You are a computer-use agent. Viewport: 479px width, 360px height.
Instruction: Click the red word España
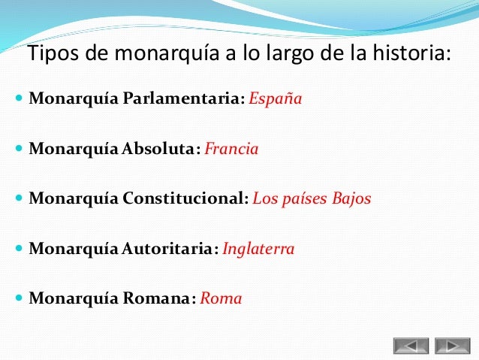coord(275,99)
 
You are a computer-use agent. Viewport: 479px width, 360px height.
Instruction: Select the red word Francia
coord(231,149)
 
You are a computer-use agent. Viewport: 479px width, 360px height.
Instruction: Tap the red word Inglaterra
coord(258,249)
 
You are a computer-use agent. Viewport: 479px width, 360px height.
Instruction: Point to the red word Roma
coord(221,298)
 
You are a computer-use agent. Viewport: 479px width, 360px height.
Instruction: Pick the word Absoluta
coord(158,149)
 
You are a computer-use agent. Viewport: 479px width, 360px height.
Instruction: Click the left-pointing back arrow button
coord(411,346)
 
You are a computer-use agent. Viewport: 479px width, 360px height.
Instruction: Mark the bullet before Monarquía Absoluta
coord(18,150)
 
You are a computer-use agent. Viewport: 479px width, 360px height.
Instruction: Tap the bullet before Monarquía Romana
coord(18,299)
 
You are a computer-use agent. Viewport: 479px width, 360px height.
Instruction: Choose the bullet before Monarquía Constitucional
coord(18,200)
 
